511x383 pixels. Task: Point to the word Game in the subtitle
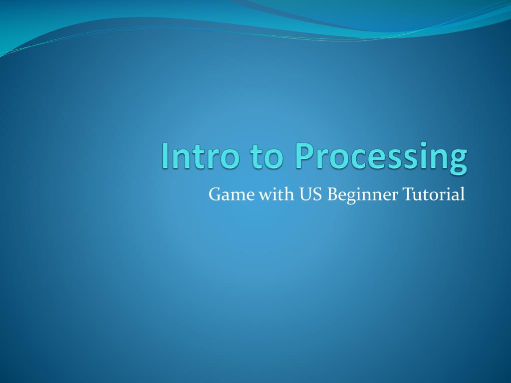click(232, 194)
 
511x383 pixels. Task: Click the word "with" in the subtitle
click(276, 194)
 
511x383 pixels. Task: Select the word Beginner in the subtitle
click(362, 195)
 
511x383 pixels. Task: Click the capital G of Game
click(216, 194)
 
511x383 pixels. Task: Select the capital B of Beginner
click(332, 194)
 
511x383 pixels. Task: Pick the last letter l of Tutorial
click(463, 194)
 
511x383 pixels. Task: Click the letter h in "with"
click(288, 194)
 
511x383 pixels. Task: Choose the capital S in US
click(318, 194)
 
